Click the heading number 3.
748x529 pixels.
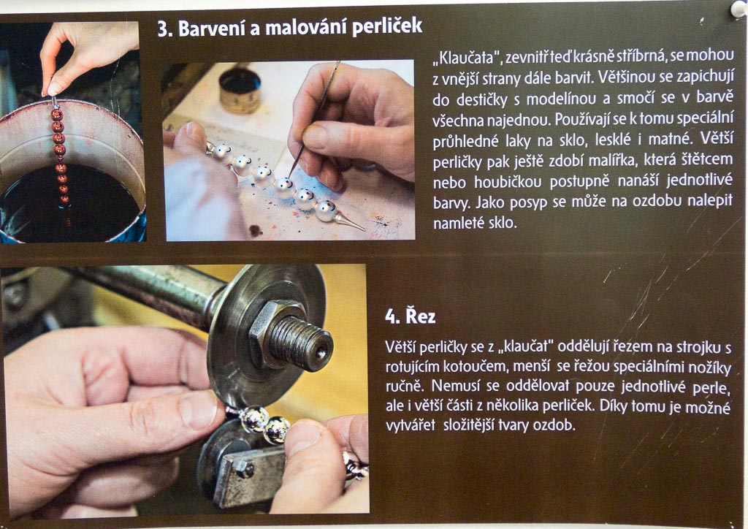(x=164, y=29)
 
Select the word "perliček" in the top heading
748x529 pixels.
(x=387, y=27)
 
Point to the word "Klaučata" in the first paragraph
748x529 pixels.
(x=467, y=58)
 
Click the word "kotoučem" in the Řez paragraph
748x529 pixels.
(x=474, y=366)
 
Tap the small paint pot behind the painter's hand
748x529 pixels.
(x=240, y=90)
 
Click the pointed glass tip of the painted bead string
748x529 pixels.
(x=351, y=223)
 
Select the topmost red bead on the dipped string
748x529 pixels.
(x=57, y=115)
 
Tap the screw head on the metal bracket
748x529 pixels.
(x=246, y=470)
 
